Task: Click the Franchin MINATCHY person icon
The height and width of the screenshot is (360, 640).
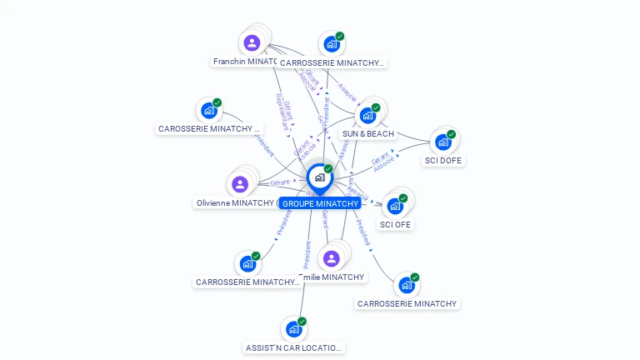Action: click(x=252, y=42)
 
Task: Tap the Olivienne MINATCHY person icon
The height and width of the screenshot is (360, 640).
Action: click(x=240, y=184)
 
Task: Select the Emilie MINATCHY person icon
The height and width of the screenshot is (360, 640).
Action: click(x=332, y=258)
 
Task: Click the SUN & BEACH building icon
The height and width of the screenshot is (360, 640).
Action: click(x=367, y=115)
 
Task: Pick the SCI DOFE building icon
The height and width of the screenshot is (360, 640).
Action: click(x=442, y=142)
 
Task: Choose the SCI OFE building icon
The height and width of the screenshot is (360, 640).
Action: click(x=395, y=206)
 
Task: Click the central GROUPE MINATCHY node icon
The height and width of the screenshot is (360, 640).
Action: click(x=319, y=177)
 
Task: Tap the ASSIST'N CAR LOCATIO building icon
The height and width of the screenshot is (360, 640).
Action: click(x=293, y=329)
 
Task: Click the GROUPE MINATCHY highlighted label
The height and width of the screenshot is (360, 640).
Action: click(x=320, y=203)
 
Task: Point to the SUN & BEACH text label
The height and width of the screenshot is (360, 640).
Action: click(x=367, y=134)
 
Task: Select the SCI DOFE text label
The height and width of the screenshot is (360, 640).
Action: click(x=442, y=161)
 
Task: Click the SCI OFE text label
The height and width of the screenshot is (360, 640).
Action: click(x=395, y=225)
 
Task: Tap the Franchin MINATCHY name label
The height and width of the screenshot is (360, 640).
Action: click(x=246, y=62)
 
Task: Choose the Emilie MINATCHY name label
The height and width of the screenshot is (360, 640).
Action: click(x=332, y=277)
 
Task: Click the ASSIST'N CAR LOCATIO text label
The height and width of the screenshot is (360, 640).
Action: click(x=292, y=348)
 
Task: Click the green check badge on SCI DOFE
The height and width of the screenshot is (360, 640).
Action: click(x=451, y=134)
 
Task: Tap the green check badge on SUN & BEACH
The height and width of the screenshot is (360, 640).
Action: click(x=376, y=107)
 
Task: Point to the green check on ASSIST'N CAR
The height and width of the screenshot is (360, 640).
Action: click(x=302, y=322)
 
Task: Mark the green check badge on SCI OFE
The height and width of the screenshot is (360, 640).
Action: click(x=403, y=198)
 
